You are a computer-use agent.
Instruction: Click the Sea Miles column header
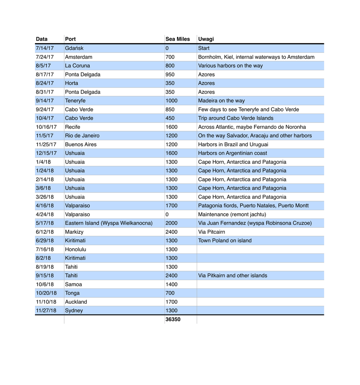[x=178, y=39]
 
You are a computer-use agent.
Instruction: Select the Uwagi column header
[x=206, y=39]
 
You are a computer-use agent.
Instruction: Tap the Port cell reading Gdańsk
[x=74, y=48]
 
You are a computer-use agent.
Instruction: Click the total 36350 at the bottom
[x=173, y=320]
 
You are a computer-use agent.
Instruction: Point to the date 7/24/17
[x=45, y=57]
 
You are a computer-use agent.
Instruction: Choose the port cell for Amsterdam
[x=79, y=57]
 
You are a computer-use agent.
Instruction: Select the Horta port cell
[x=71, y=83]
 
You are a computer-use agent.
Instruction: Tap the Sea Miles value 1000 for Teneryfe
[x=171, y=101]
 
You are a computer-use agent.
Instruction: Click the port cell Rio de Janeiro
[x=82, y=136]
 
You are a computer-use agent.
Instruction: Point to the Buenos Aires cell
[x=80, y=144]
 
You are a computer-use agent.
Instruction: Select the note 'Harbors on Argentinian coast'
[x=233, y=153]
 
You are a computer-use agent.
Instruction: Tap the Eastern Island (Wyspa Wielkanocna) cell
[x=109, y=223]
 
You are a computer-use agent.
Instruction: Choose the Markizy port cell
[x=74, y=232]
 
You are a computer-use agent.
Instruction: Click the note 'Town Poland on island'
[x=225, y=241]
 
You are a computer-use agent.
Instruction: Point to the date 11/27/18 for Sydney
[x=46, y=311]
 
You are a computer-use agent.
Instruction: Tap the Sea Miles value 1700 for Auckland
[x=171, y=302]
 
